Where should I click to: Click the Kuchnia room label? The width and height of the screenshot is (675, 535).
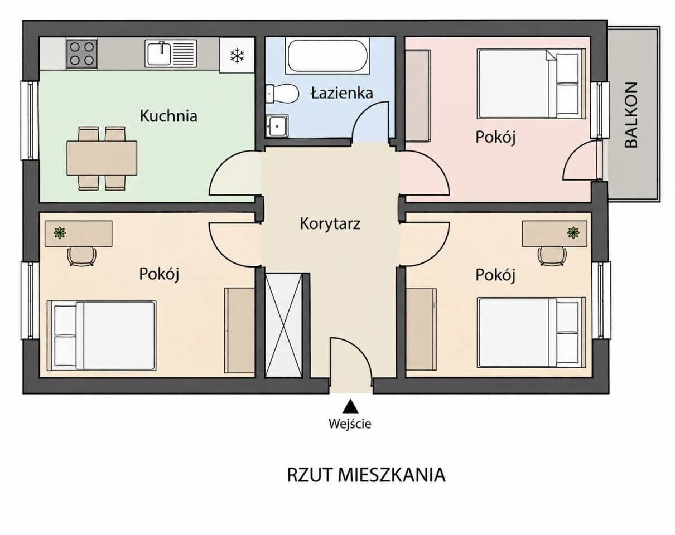click(168, 116)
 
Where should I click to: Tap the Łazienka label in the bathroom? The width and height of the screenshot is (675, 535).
click(342, 93)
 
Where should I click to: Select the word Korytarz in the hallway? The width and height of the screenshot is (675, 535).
click(330, 224)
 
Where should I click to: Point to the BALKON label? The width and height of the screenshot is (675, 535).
click(631, 115)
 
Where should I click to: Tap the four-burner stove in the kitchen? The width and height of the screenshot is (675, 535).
click(81, 53)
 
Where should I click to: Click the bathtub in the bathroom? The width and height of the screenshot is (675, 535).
click(327, 56)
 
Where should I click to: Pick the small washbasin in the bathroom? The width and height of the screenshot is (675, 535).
click(277, 126)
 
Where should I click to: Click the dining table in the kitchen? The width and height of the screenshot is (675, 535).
click(102, 158)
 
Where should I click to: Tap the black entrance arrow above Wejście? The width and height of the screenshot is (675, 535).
click(350, 406)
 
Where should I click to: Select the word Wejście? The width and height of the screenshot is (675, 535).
click(350, 424)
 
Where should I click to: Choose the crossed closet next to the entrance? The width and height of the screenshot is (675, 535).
click(283, 325)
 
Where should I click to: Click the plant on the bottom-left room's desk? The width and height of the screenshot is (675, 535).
click(60, 233)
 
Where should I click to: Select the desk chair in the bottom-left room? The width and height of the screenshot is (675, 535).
click(81, 256)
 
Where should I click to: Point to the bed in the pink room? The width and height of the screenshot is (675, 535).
click(532, 84)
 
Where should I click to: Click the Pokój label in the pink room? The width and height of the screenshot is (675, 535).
click(495, 137)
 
